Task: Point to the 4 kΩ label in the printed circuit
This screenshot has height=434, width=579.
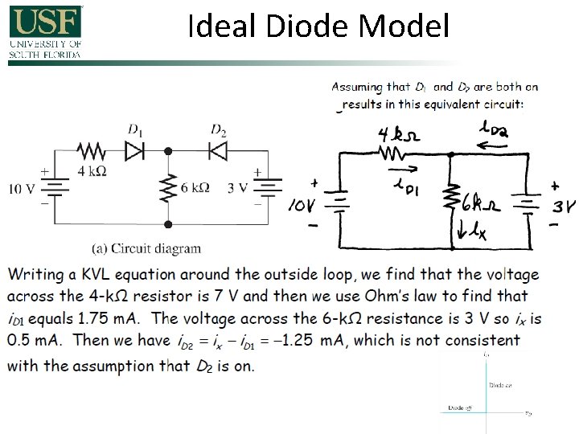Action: coord(92,170)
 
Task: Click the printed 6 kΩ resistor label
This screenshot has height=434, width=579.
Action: coord(195,188)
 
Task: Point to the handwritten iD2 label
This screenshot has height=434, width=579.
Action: coord(491,128)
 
